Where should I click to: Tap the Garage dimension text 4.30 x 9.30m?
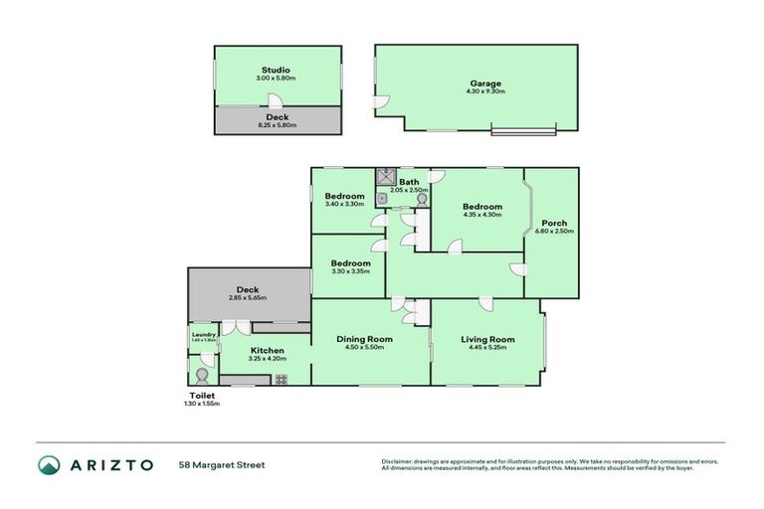[x=485, y=91]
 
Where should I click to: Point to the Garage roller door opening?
[x=524, y=129]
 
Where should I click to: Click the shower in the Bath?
[x=385, y=179]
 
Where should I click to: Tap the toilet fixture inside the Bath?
[x=422, y=199]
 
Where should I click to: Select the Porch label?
[x=554, y=223]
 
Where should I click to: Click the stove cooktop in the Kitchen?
[x=281, y=379]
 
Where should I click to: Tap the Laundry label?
[x=204, y=335]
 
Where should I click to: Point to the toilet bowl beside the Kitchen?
[x=203, y=377]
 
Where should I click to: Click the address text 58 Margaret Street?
[x=222, y=465]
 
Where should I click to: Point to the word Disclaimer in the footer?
[x=398, y=461]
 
